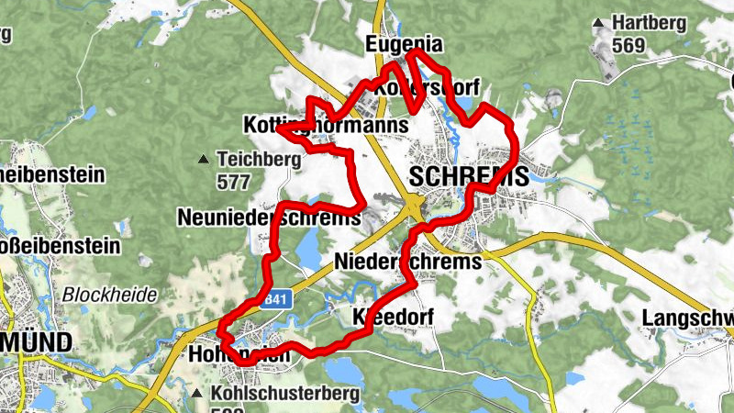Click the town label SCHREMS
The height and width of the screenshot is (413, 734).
point(470,176)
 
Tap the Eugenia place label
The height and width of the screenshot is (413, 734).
point(404,44)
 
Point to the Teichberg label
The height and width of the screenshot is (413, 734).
point(260,159)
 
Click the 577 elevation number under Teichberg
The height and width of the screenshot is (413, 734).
point(234,181)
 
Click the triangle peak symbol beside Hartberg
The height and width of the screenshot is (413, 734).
point(599,22)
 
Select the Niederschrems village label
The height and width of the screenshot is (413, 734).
point(408,262)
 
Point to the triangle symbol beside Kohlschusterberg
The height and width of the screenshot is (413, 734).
point(198,394)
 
